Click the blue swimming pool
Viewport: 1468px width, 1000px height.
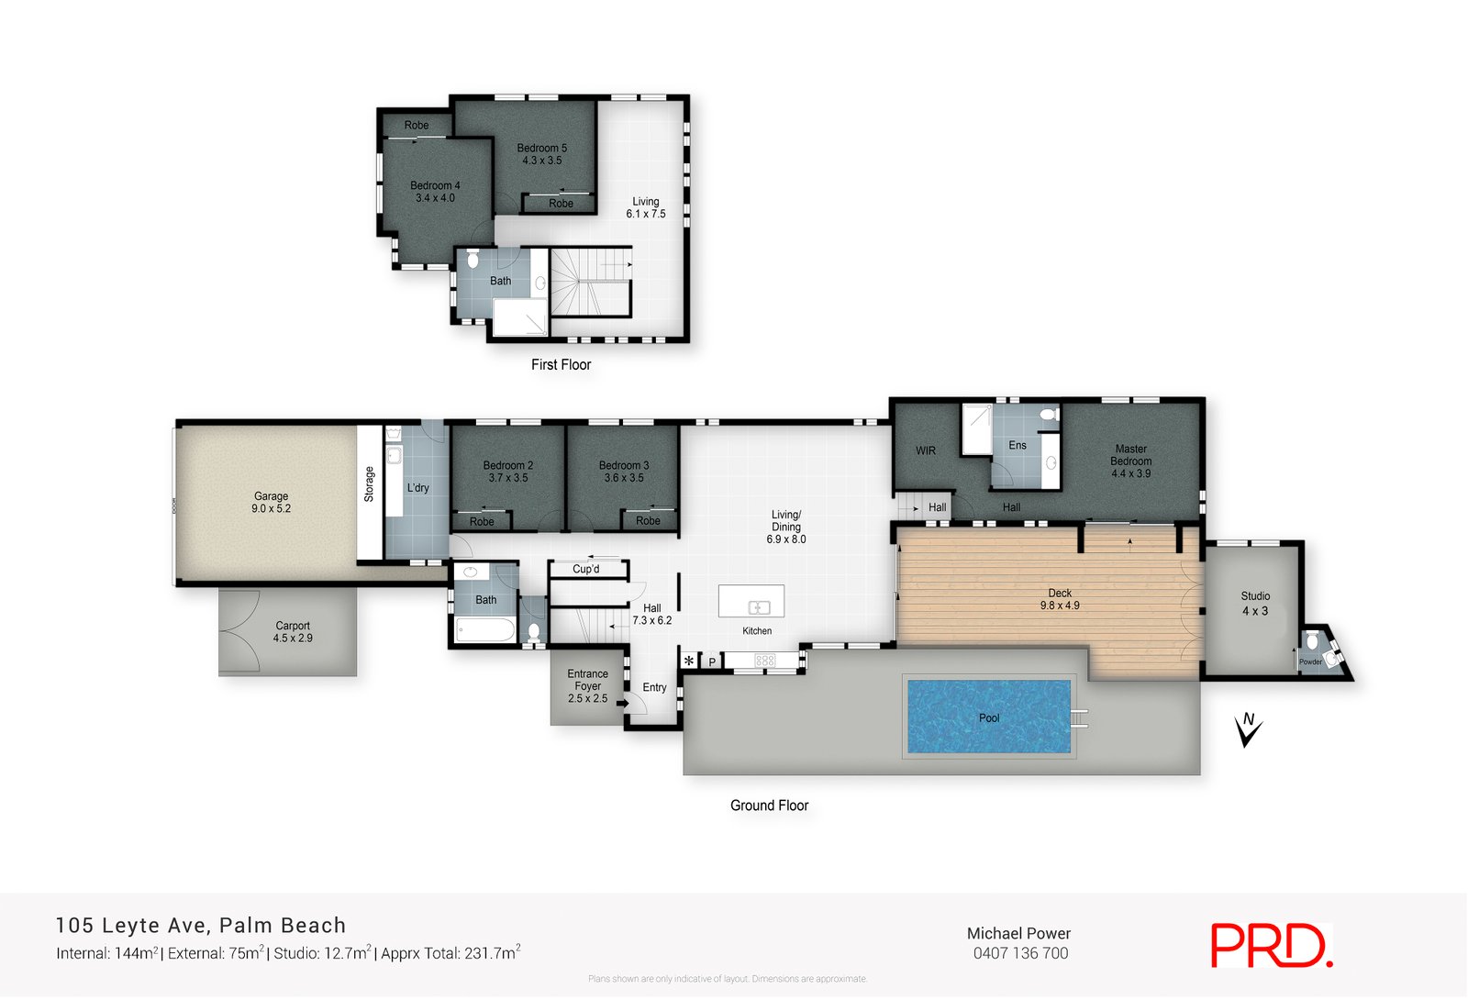989,717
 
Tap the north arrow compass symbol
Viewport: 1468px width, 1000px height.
1248,730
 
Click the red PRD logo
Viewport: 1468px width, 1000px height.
1271,945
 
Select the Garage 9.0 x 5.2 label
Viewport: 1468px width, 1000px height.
271,502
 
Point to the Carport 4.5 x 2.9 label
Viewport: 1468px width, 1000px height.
293,632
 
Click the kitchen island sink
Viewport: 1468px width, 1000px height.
759,606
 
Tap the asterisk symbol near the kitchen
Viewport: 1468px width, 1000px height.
689,661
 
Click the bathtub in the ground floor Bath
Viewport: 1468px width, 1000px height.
485,630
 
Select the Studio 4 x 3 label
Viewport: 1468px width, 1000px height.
1255,603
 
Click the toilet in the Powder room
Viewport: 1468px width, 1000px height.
1313,639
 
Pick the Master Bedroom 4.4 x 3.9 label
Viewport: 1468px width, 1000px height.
1130,461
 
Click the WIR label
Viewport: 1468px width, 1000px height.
926,450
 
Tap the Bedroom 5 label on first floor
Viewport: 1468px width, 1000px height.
541,153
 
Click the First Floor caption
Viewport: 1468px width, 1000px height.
561,364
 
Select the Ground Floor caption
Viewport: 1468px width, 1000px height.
769,806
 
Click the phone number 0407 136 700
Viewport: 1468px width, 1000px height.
1020,953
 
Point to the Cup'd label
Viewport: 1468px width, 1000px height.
585,569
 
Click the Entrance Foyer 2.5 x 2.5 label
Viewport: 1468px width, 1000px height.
587,686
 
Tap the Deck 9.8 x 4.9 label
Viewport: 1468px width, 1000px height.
1060,599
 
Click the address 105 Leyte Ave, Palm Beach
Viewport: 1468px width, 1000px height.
201,925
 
